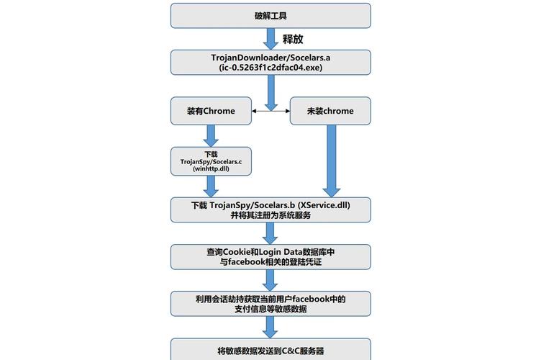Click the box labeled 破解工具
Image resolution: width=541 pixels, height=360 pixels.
(270, 14)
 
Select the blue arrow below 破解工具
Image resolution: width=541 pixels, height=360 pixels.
(270, 38)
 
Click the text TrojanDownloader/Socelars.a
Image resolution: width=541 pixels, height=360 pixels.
(270, 57)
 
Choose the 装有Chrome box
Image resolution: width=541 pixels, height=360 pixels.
(211, 111)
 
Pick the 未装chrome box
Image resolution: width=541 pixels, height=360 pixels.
(330, 111)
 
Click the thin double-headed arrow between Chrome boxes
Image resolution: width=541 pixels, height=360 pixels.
(270, 111)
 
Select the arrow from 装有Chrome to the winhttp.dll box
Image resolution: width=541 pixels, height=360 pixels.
(211, 135)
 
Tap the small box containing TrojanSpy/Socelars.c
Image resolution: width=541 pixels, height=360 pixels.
(211, 161)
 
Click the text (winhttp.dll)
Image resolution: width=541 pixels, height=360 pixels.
(211, 169)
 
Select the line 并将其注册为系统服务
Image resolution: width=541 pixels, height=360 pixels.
(270, 215)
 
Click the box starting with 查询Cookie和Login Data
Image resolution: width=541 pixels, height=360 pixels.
(270, 256)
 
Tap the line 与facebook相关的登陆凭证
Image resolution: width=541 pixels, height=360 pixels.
(270, 262)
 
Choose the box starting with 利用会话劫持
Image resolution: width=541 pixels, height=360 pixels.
(270, 303)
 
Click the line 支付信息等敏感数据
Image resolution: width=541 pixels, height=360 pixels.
(270, 309)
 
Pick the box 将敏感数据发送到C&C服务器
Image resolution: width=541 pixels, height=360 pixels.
(270, 350)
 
